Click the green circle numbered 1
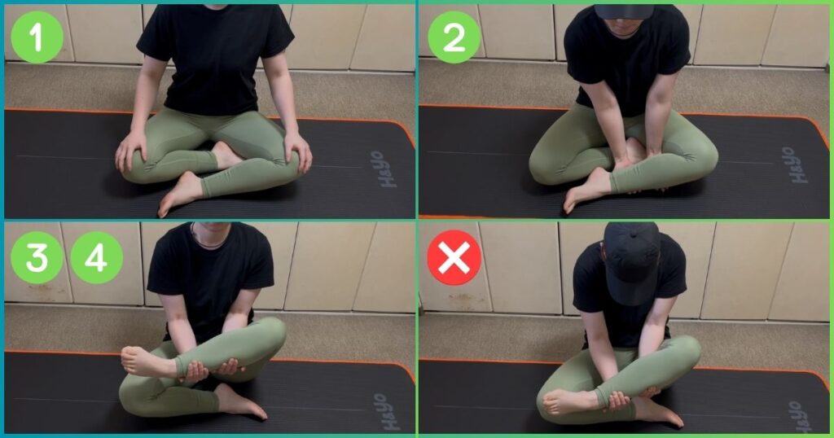37,37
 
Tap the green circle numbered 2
454,37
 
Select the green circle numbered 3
37,258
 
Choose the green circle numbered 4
96,258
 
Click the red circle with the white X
454,258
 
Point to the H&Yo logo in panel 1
385,169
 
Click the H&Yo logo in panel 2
797,165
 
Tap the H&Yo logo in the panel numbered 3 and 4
388,411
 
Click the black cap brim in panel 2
623,11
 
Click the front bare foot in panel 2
586,191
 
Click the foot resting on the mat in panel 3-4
241,401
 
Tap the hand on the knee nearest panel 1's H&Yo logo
298,151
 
